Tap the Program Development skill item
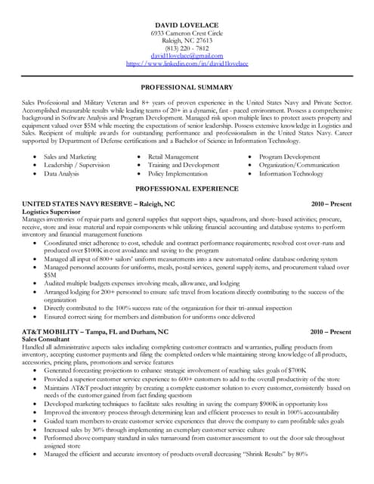click(289, 157)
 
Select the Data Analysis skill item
click(62, 173)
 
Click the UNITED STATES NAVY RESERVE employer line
click(98, 204)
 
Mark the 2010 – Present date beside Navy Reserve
click(331, 204)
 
